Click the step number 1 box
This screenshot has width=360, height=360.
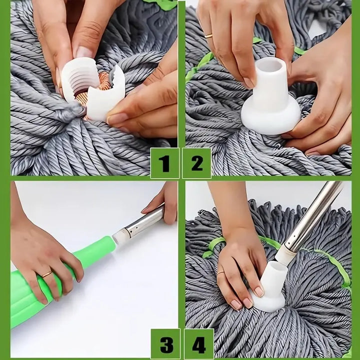click(164, 163)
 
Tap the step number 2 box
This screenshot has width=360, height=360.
click(196, 163)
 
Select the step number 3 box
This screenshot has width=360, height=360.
click(164, 344)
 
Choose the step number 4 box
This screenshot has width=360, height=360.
click(198, 344)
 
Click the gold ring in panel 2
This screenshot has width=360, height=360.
click(208, 36)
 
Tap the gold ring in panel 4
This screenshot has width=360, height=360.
click(220, 273)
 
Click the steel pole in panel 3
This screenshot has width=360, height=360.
click(142, 220)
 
